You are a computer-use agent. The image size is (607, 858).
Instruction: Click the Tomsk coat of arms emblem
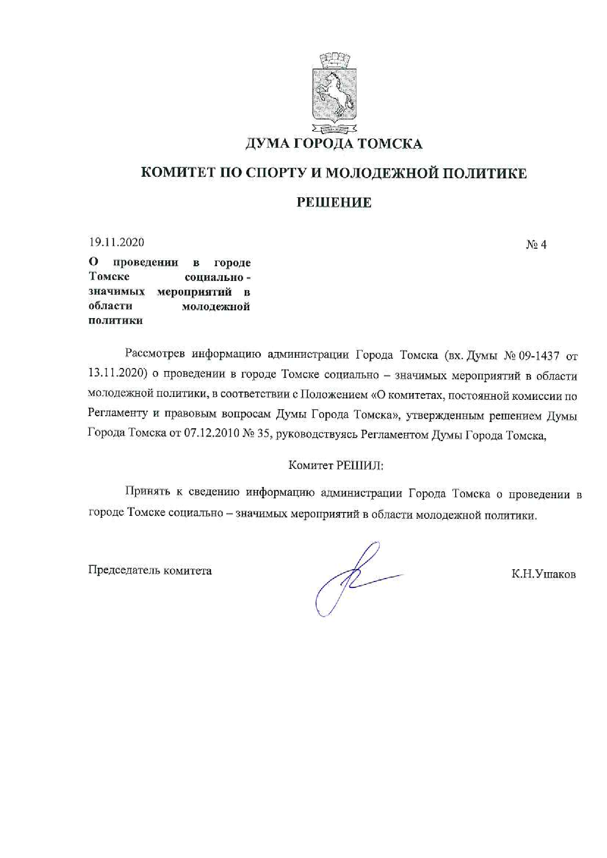click(x=333, y=94)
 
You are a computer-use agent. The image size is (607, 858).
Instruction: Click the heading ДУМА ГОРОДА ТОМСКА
click(x=333, y=144)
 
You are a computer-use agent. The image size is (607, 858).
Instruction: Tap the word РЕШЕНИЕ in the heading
click(x=334, y=202)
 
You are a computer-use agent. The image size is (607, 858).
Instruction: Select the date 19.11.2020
click(x=117, y=242)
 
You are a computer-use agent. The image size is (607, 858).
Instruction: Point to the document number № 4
click(x=536, y=245)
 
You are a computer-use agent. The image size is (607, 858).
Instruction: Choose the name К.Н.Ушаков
click(x=543, y=574)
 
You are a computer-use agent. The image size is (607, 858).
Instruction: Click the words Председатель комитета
click(x=150, y=570)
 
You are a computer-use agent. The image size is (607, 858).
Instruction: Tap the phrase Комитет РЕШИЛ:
click(x=336, y=465)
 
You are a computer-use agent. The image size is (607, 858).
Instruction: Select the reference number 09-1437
click(x=538, y=356)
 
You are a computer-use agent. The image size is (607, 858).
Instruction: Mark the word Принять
click(x=147, y=491)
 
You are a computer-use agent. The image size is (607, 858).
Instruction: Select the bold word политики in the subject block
click(x=116, y=321)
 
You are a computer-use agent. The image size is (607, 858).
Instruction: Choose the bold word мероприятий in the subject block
click(x=194, y=292)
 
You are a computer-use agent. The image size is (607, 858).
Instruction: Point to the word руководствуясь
click(x=317, y=434)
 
